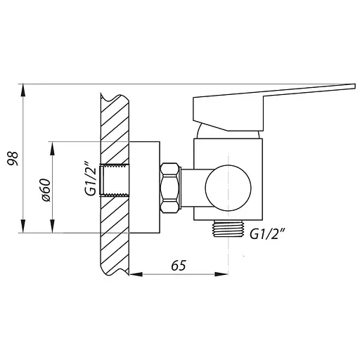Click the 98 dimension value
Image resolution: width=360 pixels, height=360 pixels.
[x=13, y=159]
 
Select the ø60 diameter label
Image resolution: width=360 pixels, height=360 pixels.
[x=45, y=190]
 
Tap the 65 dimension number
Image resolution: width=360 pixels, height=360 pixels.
[x=179, y=266]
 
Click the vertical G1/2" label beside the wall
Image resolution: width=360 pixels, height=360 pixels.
[x=91, y=179]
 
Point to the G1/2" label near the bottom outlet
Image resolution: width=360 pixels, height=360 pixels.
[x=268, y=233]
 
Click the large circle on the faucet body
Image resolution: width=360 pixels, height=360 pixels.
[x=228, y=188]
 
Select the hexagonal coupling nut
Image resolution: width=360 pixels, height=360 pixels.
[x=170, y=188]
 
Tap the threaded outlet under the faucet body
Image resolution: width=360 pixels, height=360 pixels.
[x=228, y=229]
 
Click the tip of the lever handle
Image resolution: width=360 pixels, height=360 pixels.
[x=355, y=86]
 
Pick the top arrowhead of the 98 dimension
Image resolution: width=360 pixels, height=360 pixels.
[x=22, y=90]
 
